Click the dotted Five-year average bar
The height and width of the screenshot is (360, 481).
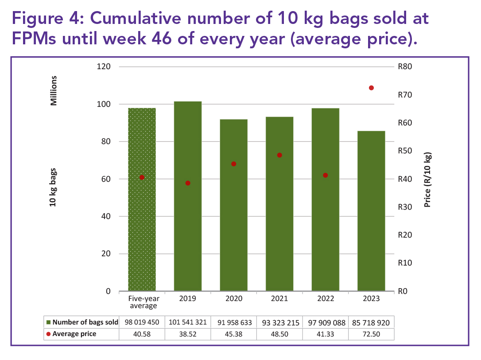pos(142,200)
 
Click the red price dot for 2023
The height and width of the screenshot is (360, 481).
pos(371,88)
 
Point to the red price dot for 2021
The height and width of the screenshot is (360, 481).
pos(279,155)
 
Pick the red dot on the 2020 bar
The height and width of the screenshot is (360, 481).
pos(234,164)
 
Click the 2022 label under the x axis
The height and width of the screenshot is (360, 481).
pos(325,299)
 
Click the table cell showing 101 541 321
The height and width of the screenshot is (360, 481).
pos(188,322)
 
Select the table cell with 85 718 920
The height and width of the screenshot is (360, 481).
pos(371,322)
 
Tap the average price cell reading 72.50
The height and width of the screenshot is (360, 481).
pos(371,334)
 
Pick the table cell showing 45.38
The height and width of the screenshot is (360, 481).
pos(234,334)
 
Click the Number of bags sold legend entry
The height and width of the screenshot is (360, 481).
pos(82,322)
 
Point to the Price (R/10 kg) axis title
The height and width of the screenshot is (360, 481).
pos(427,180)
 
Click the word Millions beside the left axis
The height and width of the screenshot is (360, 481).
pos(54,90)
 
